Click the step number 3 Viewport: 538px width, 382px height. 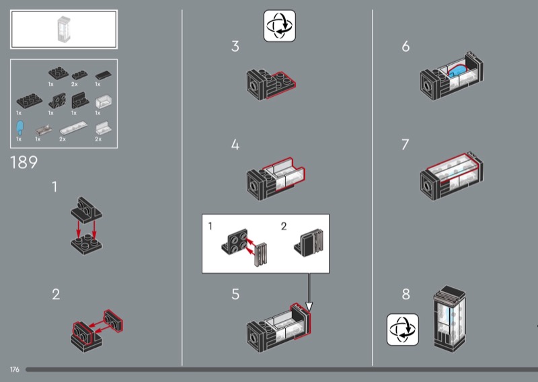[235, 46]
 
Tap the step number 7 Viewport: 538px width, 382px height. [406, 145]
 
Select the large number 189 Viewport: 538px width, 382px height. [24, 162]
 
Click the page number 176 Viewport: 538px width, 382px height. [15, 370]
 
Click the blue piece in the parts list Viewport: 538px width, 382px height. [20, 127]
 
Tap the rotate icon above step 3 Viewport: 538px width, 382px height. [280, 26]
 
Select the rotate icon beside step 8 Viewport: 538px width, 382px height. [403, 330]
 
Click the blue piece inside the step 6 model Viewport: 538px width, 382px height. [457, 71]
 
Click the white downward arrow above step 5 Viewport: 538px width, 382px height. [309, 293]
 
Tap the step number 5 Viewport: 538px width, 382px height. [235, 294]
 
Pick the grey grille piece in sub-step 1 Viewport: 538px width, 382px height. [261, 254]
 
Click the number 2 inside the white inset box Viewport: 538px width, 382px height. [284, 226]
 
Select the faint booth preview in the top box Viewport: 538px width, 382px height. [64, 29]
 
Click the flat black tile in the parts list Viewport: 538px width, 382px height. [104, 75]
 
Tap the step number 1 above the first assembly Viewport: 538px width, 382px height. [54, 187]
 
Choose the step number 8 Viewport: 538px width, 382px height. [406, 294]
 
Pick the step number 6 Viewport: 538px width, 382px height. [406, 46]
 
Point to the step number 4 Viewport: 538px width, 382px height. [235, 145]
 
